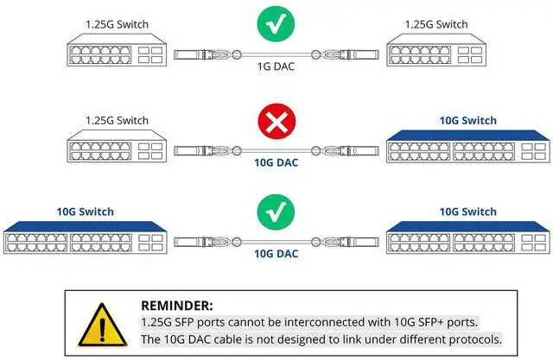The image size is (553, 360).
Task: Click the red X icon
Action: [x=276, y=126]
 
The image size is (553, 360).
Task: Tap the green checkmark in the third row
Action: [x=276, y=213]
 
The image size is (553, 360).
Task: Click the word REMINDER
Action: [x=178, y=305]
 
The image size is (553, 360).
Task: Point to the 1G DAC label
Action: [x=276, y=65]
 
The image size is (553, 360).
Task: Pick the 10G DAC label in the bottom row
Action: [x=276, y=254]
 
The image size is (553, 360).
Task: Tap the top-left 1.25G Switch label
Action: [x=117, y=25]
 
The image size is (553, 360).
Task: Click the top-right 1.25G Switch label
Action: [x=436, y=25]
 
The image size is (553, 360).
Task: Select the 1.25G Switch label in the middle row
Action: [x=117, y=120]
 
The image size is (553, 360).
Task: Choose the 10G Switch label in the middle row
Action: [x=467, y=120]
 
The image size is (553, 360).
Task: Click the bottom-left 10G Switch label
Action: [x=85, y=212]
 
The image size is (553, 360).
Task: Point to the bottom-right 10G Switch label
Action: [x=467, y=212]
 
